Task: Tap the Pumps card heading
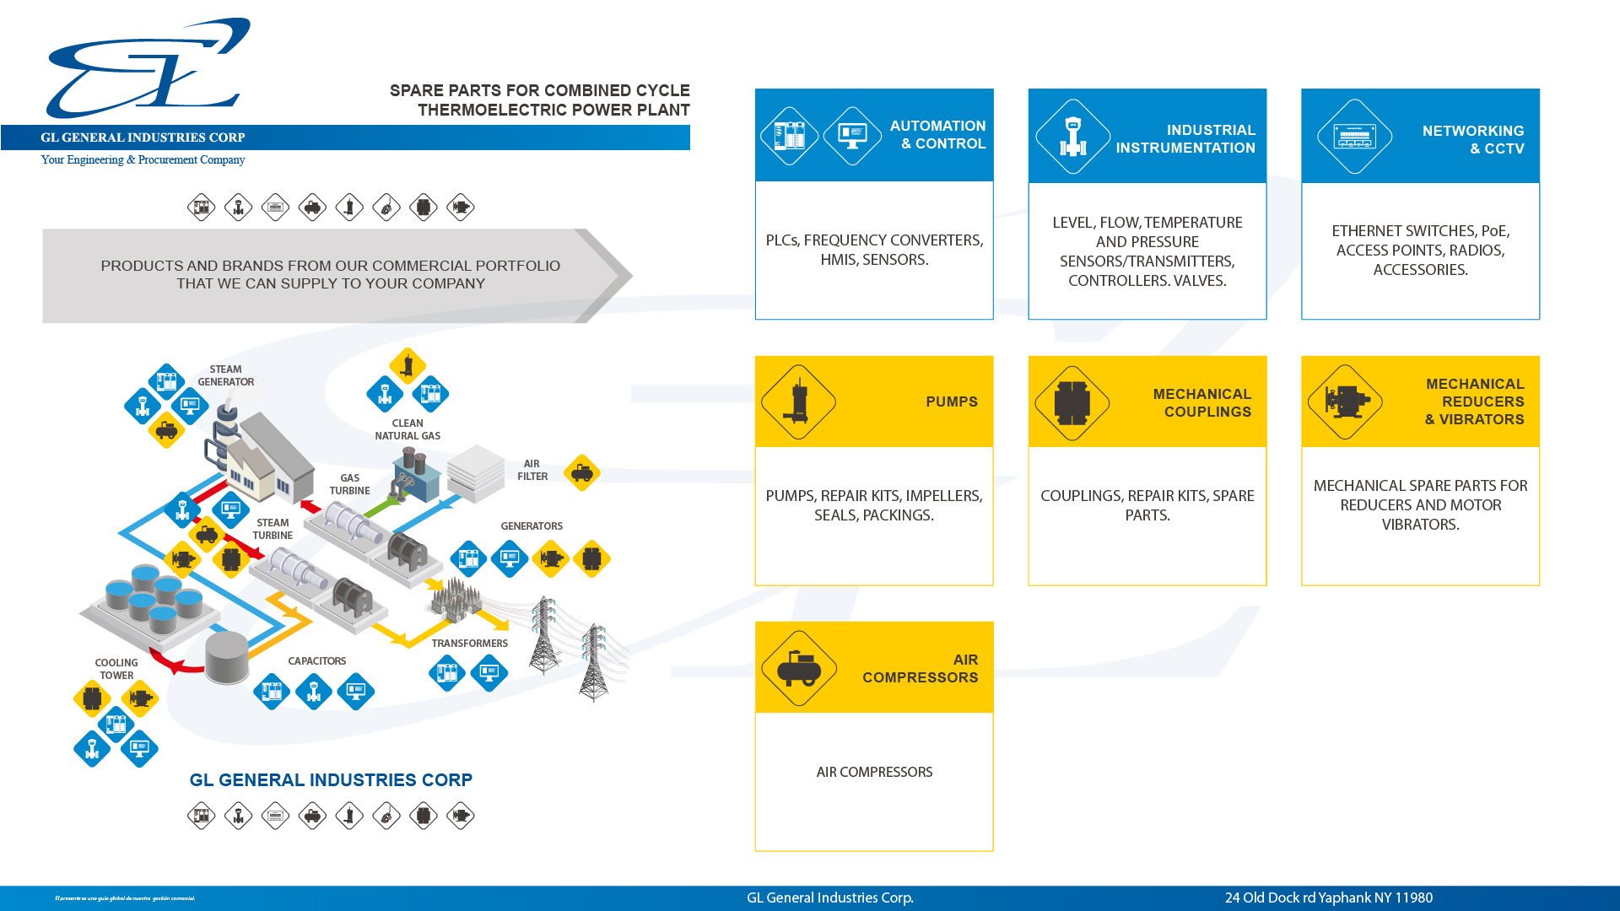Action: pos(951,402)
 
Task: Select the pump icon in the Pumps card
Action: pos(798,402)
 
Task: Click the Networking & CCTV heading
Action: pos(1472,139)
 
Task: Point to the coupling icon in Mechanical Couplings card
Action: pos(1072,402)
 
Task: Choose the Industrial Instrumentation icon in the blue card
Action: pos(1072,137)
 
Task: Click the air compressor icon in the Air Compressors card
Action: pos(798,668)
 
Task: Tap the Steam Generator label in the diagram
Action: pos(225,375)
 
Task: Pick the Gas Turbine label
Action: pos(349,484)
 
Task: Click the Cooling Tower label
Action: pos(116,669)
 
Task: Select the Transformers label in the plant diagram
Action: pos(469,644)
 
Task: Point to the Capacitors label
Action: pos(316,661)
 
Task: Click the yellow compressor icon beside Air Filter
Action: pos(581,472)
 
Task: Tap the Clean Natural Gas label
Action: pos(408,429)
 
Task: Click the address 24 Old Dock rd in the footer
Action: pos(1328,898)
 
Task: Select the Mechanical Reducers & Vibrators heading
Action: pos(1474,402)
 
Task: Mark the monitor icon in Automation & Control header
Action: pos(852,135)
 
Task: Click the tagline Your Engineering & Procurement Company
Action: pos(143,159)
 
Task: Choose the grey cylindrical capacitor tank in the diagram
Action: pos(227,656)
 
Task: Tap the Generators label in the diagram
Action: pos(531,526)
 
